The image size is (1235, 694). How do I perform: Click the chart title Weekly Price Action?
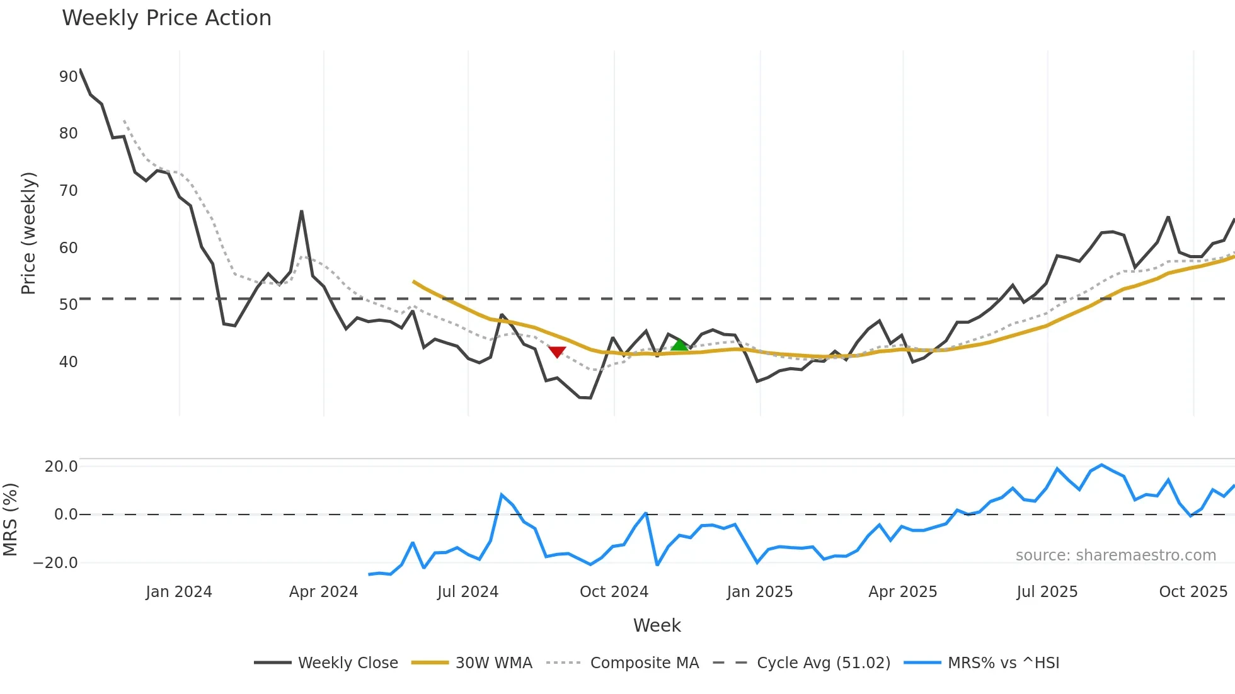[166, 18]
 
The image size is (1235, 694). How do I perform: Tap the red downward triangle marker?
[557, 351]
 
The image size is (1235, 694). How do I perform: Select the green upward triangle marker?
[679, 345]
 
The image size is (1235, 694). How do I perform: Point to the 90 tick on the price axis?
[68, 77]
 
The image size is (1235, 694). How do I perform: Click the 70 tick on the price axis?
[68, 191]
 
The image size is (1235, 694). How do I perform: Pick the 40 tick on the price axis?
[68, 362]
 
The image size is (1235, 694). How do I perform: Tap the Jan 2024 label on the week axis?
[179, 592]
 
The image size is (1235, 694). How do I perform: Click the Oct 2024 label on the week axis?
[614, 592]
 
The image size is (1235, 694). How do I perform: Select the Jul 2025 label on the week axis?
[1047, 592]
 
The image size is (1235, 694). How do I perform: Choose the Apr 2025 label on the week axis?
[902, 592]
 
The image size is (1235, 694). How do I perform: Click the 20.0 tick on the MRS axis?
[61, 467]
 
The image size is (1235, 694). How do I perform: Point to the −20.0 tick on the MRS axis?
[55, 563]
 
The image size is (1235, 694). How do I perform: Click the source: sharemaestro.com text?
[1115, 555]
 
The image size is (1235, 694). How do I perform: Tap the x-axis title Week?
[657, 625]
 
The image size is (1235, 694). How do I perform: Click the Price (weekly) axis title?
[29, 233]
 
